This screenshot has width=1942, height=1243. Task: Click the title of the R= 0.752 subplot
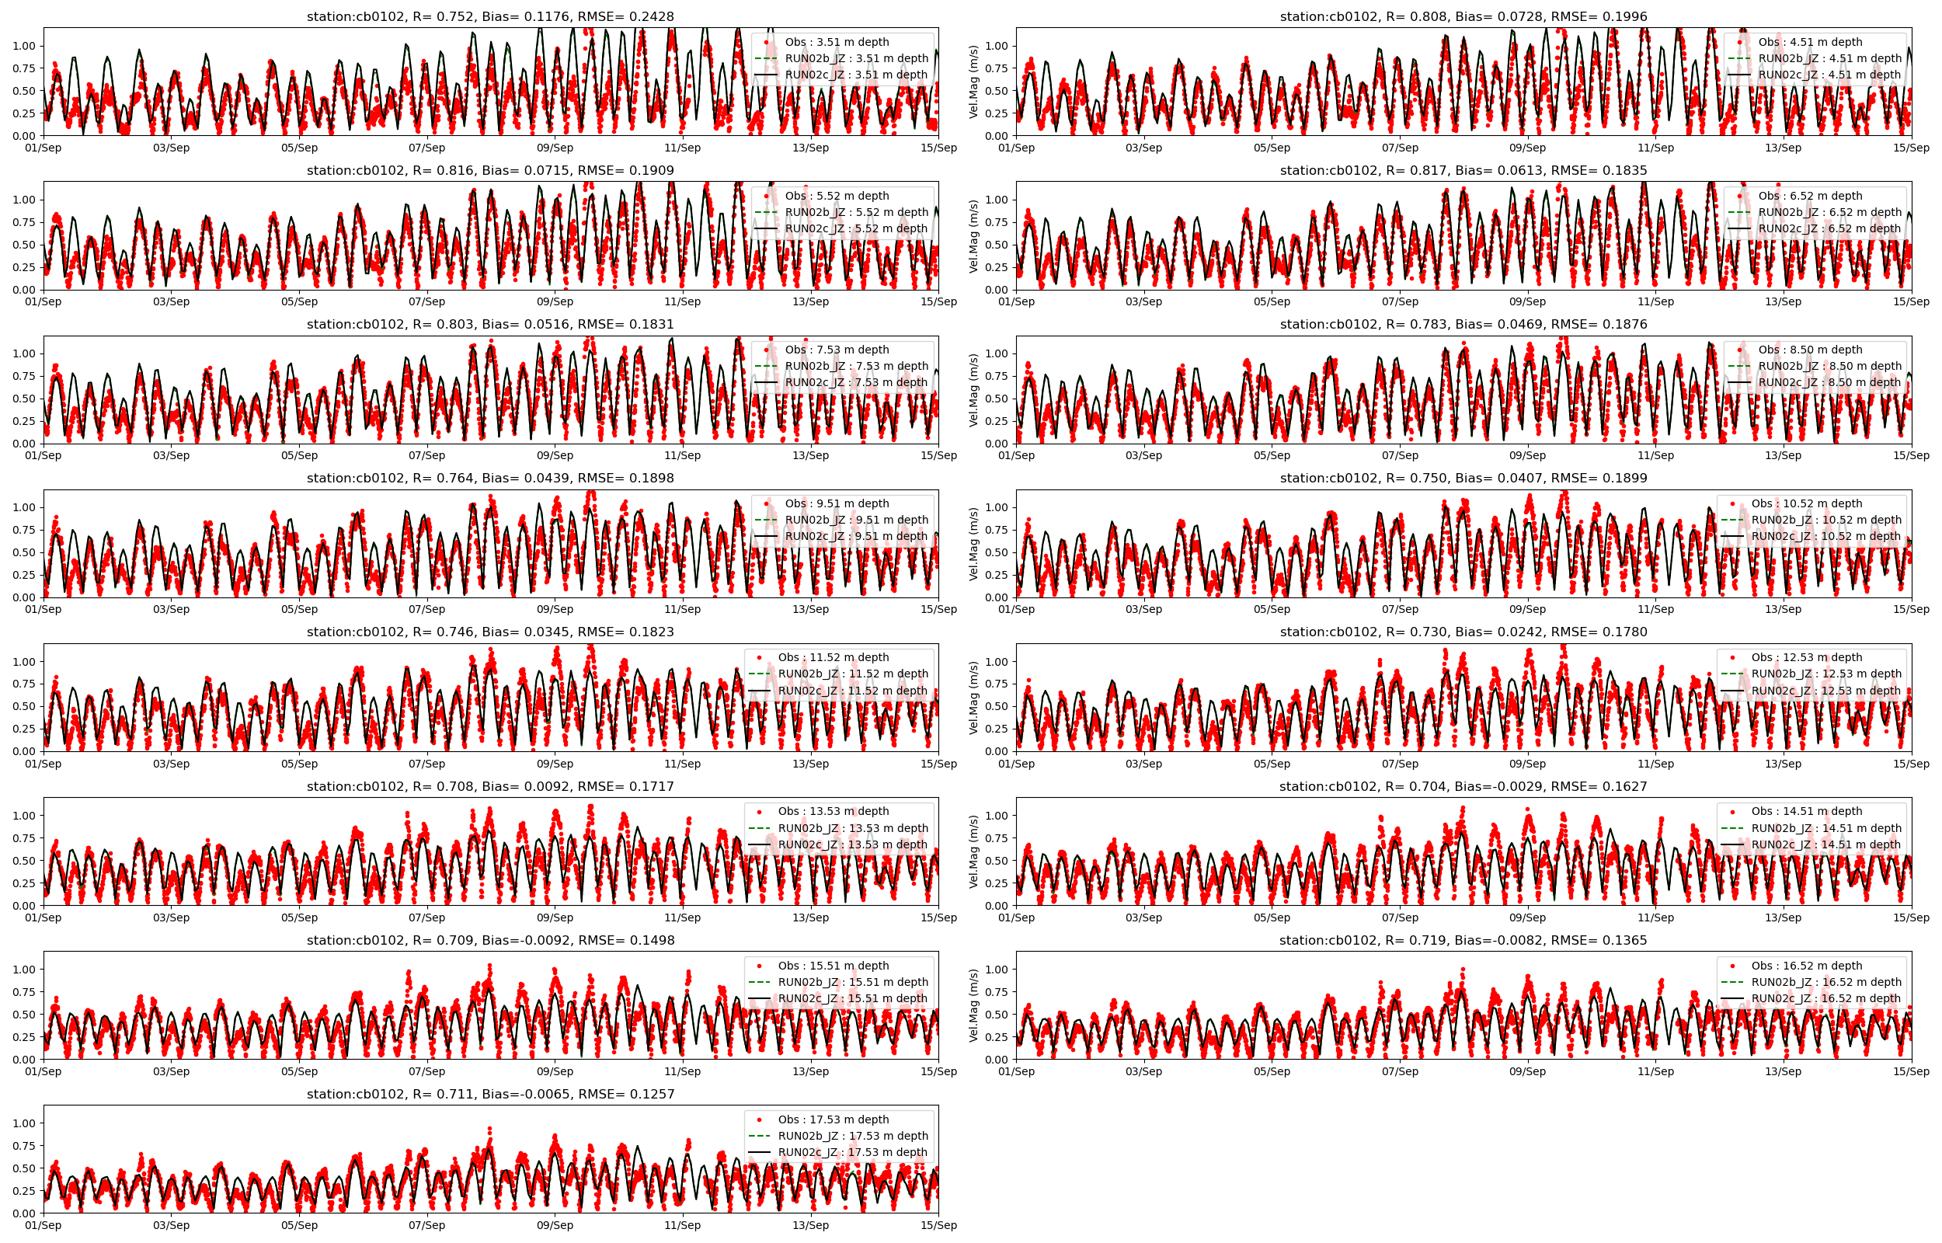point(489,16)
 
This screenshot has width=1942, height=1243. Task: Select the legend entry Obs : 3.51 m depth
point(837,42)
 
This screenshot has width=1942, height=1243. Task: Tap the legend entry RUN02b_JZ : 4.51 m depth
point(1830,58)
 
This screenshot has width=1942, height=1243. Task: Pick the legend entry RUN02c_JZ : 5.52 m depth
point(856,228)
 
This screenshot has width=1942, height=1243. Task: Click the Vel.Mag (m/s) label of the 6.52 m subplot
point(973,235)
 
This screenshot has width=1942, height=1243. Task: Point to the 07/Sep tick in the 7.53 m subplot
point(426,455)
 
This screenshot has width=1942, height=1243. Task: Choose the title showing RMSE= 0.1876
point(1463,325)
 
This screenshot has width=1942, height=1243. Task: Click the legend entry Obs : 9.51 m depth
point(837,503)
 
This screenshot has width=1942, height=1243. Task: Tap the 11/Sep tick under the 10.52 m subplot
point(1655,609)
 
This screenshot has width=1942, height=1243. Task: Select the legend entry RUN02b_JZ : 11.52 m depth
point(853,674)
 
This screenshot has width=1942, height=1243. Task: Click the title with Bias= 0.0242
point(1463,632)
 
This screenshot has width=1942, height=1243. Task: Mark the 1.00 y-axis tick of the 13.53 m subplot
point(24,816)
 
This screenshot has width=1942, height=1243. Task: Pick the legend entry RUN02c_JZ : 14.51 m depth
point(1825,844)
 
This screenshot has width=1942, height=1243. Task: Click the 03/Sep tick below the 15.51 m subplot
point(171,1072)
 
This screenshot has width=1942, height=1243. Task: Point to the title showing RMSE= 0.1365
point(1463,940)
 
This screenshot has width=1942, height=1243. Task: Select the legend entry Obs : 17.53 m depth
point(834,1119)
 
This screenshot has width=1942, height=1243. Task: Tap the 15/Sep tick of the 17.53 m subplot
point(938,1225)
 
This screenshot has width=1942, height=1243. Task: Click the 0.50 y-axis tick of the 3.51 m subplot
point(24,91)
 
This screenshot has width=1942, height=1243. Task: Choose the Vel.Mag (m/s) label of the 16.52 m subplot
point(973,1006)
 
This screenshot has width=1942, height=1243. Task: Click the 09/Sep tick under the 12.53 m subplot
point(1527,764)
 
